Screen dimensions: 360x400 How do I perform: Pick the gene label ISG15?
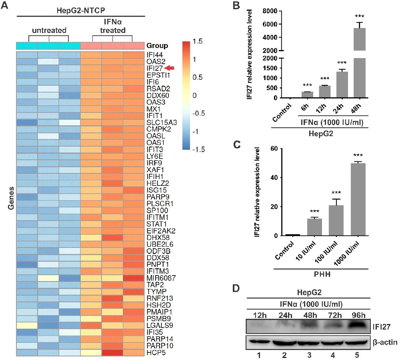[x=156, y=189]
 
